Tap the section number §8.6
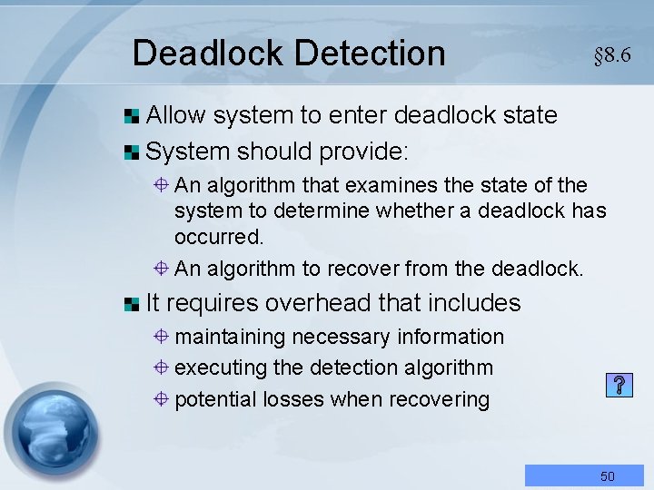coord(612,55)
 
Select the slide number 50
coord(608,475)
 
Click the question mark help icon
coord(618,386)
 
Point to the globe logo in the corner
coord(51,434)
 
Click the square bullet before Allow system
coord(133,115)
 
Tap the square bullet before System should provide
coord(133,149)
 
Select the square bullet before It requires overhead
coord(133,303)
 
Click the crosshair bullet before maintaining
coord(159,337)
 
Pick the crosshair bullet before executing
coord(159,367)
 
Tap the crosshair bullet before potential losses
coord(159,399)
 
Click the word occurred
coord(219,238)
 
